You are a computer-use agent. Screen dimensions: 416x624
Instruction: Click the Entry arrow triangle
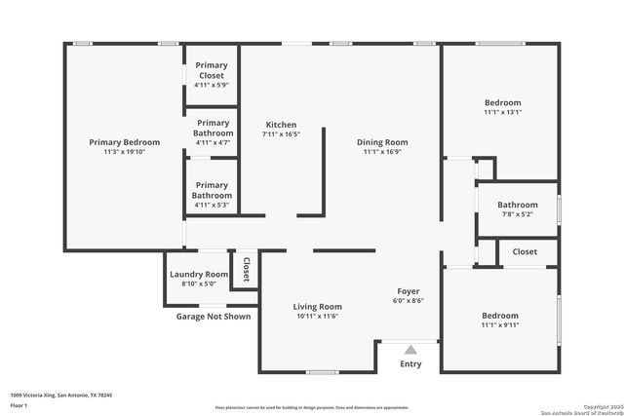pyautogui.click(x=410, y=349)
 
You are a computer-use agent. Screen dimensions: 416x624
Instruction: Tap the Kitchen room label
pyautogui.click(x=281, y=125)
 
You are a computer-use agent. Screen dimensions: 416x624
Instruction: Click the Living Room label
pyautogui.click(x=317, y=307)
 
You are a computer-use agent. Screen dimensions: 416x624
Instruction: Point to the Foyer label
pyautogui.click(x=408, y=291)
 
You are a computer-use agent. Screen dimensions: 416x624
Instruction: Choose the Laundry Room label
pyautogui.click(x=199, y=275)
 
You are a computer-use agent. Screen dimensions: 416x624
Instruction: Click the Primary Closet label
pyautogui.click(x=212, y=70)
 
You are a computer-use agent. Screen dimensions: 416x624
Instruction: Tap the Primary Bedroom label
pyautogui.click(x=125, y=142)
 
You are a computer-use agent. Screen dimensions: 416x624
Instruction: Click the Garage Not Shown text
pyautogui.click(x=213, y=317)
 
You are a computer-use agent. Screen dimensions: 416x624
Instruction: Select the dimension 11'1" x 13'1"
pyautogui.click(x=503, y=112)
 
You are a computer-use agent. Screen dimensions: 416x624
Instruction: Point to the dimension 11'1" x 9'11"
pyautogui.click(x=500, y=325)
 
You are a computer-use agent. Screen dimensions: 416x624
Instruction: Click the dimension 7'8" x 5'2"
pyautogui.click(x=517, y=213)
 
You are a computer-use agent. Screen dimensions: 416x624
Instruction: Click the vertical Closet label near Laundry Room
pyautogui.click(x=246, y=270)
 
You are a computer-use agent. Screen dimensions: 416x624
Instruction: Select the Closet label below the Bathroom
pyautogui.click(x=525, y=252)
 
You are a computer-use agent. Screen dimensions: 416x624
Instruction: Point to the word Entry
pyautogui.click(x=410, y=364)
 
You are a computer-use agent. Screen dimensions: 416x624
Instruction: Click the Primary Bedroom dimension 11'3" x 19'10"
pyautogui.click(x=125, y=152)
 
